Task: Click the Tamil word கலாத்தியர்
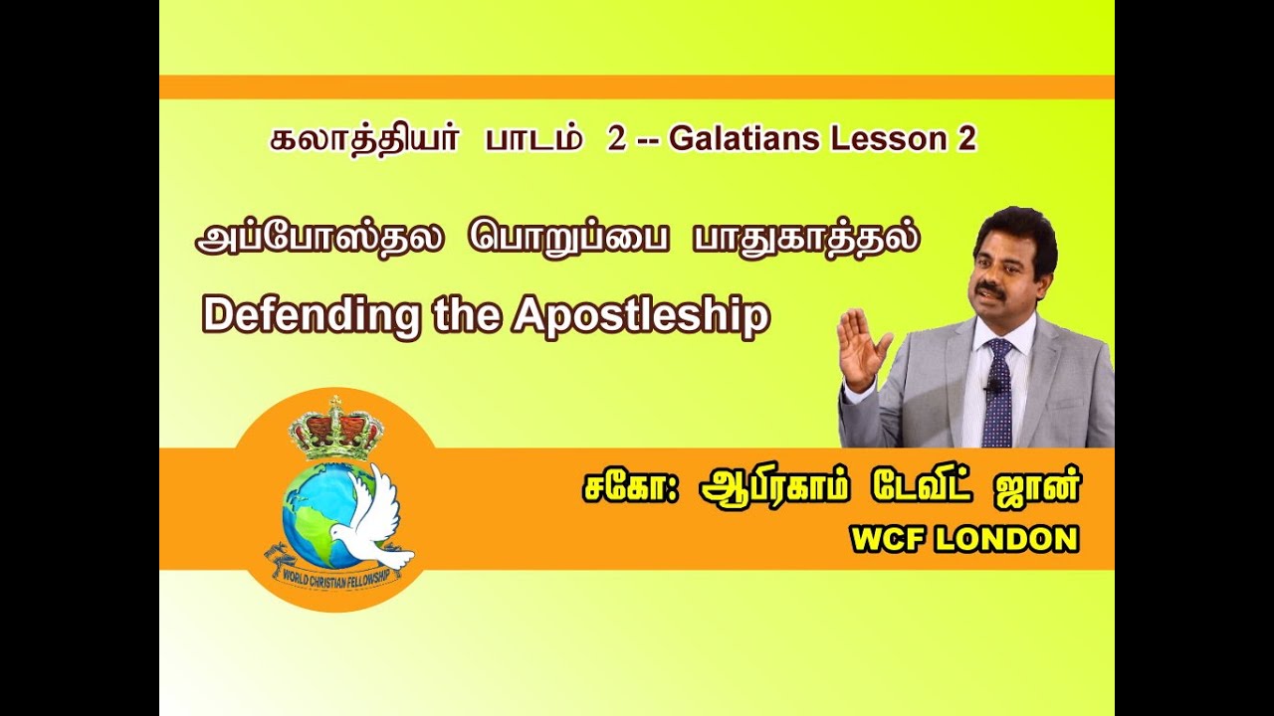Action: [364, 139]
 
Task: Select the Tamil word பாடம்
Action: [533, 139]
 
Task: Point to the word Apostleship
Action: [641, 315]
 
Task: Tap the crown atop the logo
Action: [335, 427]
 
